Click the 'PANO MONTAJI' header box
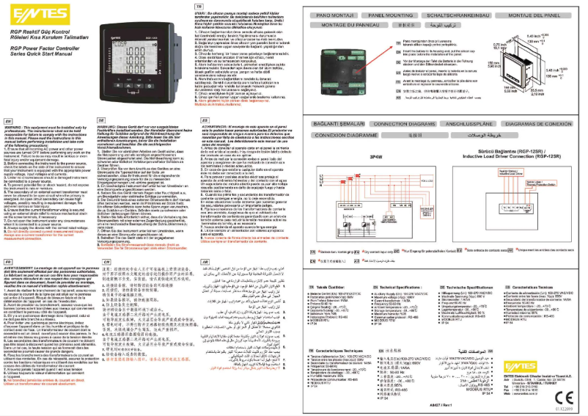pos(331,15)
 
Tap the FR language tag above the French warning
pos(7,260)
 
